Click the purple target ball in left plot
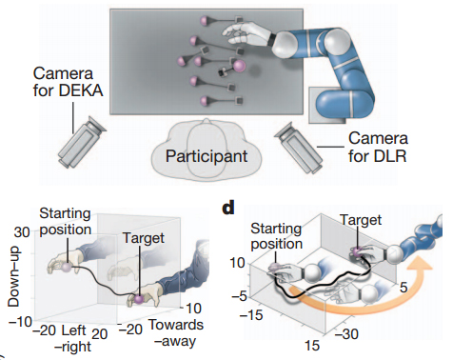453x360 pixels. pos(137,299)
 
